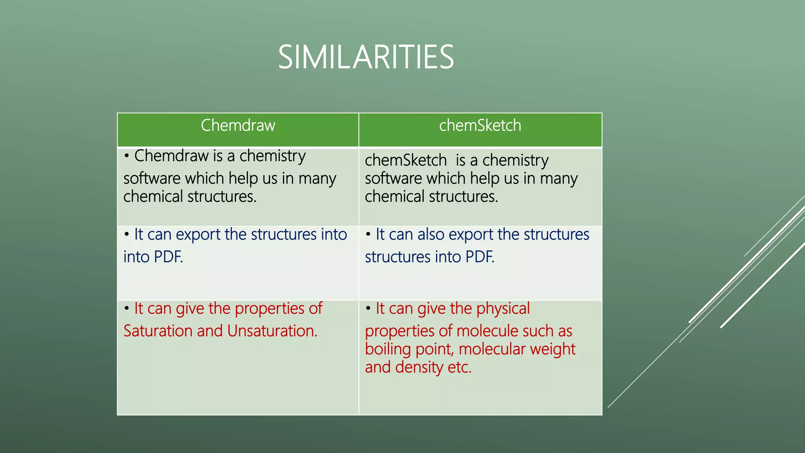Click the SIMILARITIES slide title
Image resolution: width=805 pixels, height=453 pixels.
[x=366, y=57]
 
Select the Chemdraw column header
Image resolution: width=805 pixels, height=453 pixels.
[x=238, y=125]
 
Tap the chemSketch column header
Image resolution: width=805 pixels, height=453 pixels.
[x=480, y=125]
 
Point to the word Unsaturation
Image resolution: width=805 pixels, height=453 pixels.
[x=272, y=331]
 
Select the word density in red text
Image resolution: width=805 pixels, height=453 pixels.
[x=419, y=367]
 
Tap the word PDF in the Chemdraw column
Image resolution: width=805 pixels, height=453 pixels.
[x=168, y=257]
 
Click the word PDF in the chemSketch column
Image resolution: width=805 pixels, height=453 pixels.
[x=480, y=257]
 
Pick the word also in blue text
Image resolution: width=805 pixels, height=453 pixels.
[x=431, y=234]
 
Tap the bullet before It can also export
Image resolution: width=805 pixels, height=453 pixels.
[x=368, y=235]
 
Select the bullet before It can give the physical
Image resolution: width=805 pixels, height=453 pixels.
[x=368, y=309]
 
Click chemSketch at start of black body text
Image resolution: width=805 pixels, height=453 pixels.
[x=406, y=160]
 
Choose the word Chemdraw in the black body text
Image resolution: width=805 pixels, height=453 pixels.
[x=171, y=156]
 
